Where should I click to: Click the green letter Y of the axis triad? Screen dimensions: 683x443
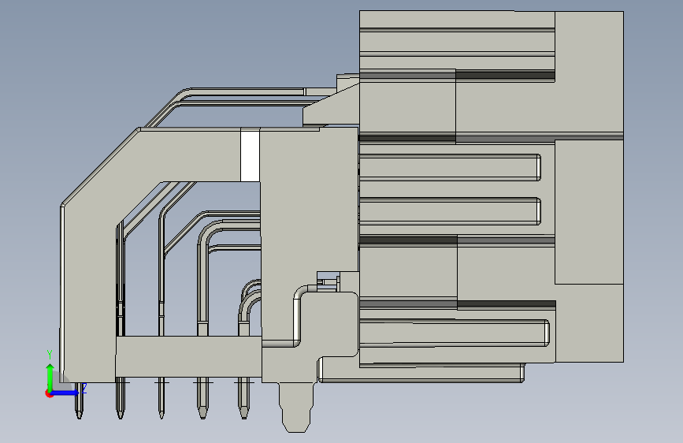50,355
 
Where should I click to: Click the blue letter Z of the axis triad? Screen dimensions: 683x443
84,388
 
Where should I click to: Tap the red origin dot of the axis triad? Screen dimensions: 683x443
49,393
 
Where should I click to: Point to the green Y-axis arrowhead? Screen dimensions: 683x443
50,368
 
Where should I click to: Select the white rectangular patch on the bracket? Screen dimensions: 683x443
250,154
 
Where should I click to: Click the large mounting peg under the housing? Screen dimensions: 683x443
296,408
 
